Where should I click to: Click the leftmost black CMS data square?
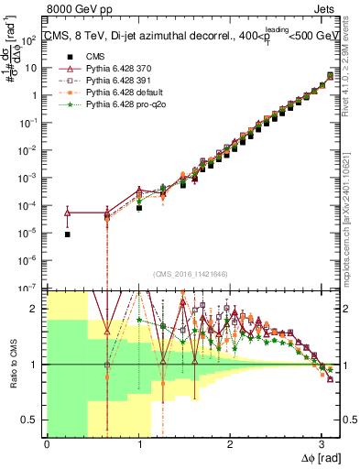pos(68,234)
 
